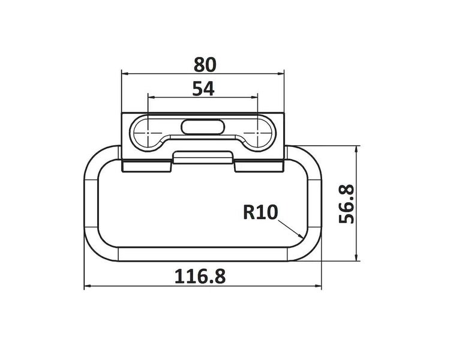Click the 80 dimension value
(x=205, y=65)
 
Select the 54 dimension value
(x=203, y=89)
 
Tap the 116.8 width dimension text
(x=200, y=276)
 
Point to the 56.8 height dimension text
(x=347, y=203)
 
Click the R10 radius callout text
(x=260, y=212)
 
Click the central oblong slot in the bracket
(x=203, y=127)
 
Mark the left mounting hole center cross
(x=148, y=133)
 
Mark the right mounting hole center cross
(x=257, y=133)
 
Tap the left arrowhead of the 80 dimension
(x=125, y=74)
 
